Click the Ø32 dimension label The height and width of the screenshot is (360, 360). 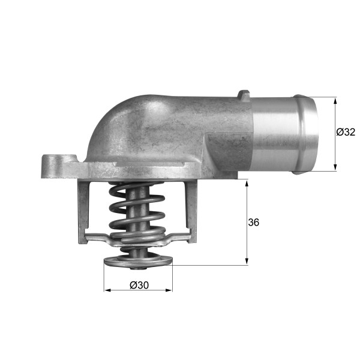(346, 132)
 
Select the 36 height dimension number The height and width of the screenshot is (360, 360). (253, 222)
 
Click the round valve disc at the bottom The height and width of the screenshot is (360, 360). (138, 262)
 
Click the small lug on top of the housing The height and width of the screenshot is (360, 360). (243, 94)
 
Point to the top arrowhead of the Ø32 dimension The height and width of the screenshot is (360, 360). (335, 101)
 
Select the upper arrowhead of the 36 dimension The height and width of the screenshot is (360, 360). (247, 182)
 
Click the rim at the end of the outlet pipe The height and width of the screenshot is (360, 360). (308, 135)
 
